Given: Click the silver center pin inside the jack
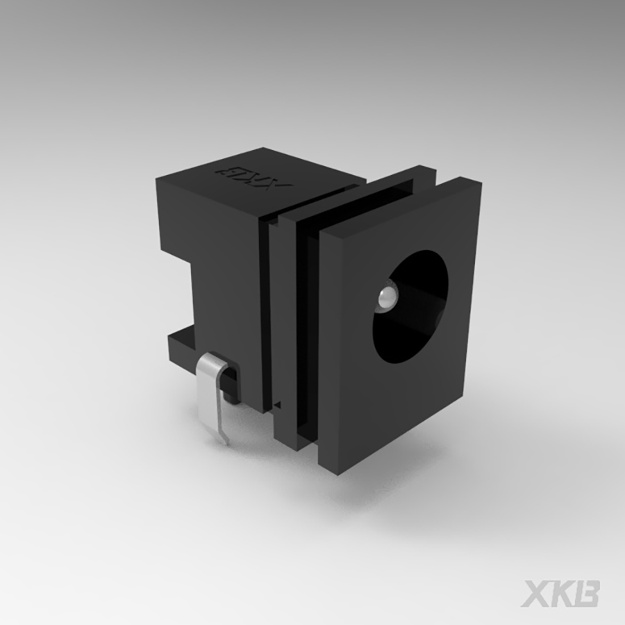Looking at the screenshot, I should click(x=386, y=299).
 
